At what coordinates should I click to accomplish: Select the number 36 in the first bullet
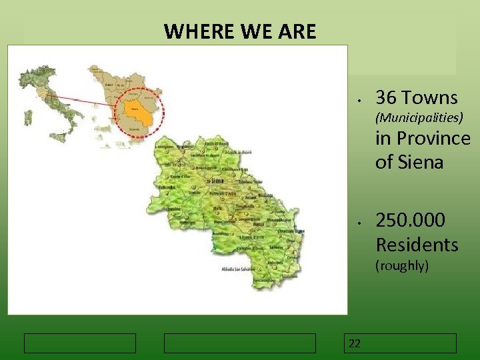pyautogui.click(x=385, y=98)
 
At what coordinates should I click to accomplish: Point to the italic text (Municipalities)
pyautogui.click(x=419, y=118)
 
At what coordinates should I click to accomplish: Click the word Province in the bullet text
pyautogui.click(x=433, y=139)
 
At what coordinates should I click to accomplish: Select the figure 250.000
pyautogui.click(x=410, y=221)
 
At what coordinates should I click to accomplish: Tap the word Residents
pyautogui.click(x=417, y=245)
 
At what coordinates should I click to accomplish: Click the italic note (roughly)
pyautogui.click(x=402, y=265)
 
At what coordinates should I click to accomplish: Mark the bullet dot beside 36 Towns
pyautogui.click(x=359, y=101)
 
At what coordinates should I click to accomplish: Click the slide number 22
pyautogui.click(x=355, y=343)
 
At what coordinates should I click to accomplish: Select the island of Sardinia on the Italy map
pyautogui.click(x=29, y=118)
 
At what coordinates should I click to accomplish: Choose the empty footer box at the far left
pyautogui.click(x=80, y=343)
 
